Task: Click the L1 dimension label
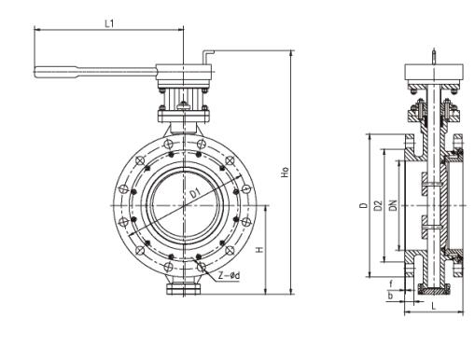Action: [x=109, y=23]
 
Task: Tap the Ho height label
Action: [x=285, y=173]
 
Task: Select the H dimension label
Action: [x=259, y=249]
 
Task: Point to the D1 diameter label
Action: [x=195, y=193]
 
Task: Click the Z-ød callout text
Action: [x=229, y=275]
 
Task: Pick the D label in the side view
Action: [x=363, y=205]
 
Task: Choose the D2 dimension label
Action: [x=378, y=205]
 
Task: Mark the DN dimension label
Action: [x=394, y=205]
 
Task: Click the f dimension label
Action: [x=391, y=284]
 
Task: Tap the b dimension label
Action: [x=390, y=296]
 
